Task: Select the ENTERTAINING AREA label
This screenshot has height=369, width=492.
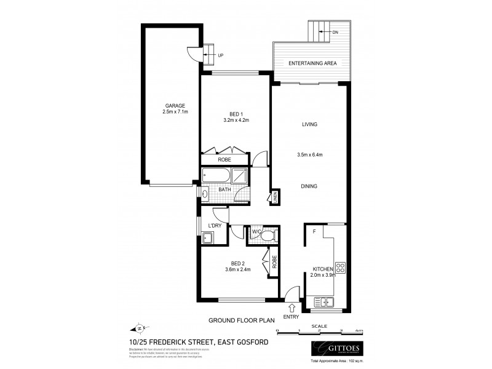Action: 312,63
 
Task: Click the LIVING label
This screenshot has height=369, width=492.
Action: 309,125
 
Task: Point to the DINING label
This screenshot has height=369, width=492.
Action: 309,186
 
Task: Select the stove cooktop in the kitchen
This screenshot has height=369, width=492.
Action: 340,268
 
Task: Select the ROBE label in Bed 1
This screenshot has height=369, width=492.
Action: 224,160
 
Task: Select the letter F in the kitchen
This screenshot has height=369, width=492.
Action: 314,232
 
